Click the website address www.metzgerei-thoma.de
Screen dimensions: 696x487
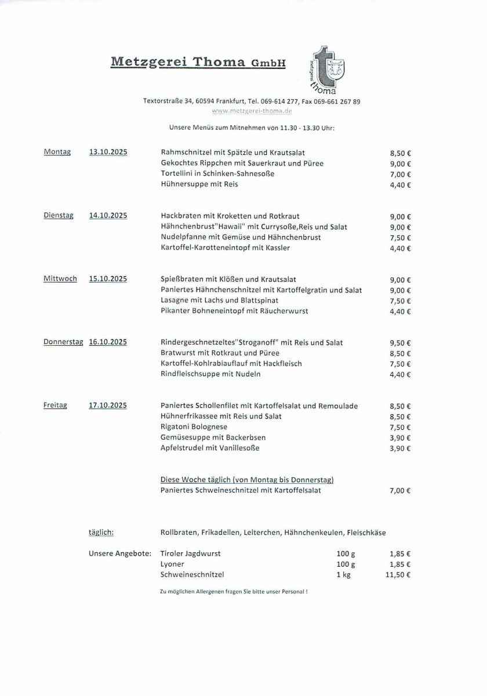[x=252, y=111]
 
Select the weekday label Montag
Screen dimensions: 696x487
[x=57, y=152]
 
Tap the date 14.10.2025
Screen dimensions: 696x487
[x=108, y=216]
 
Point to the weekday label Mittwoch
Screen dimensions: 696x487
[x=60, y=279]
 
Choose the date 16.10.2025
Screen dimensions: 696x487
[x=108, y=342]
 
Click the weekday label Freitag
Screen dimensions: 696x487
[x=55, y=405]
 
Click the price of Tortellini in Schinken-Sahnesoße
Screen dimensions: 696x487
[x=400, y=175]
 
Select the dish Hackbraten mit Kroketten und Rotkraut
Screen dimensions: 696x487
[x=230, y=216]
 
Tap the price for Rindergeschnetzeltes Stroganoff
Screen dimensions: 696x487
[x=400, y=343]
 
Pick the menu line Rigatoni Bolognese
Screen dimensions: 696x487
[x=194, y=427]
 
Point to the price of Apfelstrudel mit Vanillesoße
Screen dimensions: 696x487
[x=400, y=449]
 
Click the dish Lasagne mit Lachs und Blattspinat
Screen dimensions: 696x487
[x=219, y=300]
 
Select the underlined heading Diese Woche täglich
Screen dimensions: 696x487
[x=246, y=480]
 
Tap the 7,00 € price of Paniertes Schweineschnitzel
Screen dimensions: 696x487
[x=400, y=491]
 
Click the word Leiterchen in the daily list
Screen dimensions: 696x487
[x=261, y=532]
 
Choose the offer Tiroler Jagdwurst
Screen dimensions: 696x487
[x=190, y=553]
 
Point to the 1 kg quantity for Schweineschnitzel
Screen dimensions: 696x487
[x=343, y=575]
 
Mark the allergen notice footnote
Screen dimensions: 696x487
[x=233, y=591]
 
